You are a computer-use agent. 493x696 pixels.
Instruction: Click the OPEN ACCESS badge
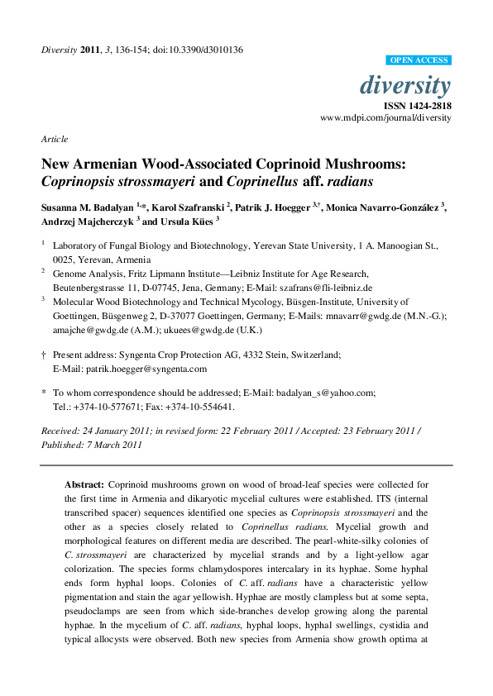[x=419, y=60]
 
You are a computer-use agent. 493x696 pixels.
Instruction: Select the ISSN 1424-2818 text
[x=417, y=106]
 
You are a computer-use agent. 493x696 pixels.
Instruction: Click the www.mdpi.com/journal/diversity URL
[x=385, y=118]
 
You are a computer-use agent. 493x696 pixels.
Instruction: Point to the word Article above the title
[x=54, y=139]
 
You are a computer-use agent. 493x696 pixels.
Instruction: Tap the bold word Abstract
[x=85, y=484]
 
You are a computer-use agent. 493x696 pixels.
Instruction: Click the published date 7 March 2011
[x=117, y=444]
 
